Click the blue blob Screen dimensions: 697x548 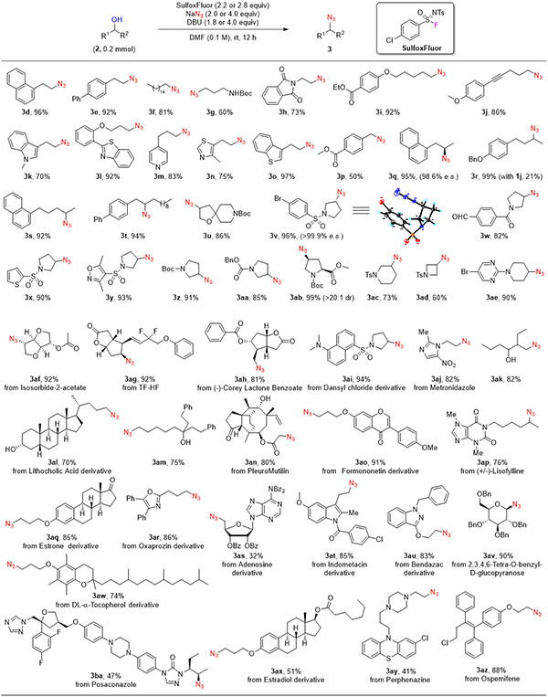108,12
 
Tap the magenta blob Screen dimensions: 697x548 437,27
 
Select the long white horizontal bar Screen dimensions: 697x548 441,315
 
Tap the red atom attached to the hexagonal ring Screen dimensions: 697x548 382,200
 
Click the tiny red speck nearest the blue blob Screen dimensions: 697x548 199,14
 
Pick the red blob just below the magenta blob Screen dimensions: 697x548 445,76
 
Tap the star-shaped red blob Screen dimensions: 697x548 185,91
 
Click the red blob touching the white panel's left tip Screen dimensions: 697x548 338,192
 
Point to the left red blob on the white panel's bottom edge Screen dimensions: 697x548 401,260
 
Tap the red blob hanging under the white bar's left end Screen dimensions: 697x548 402,347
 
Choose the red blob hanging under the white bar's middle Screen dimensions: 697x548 468,343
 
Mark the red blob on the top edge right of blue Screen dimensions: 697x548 328,12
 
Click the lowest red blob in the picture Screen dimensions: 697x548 200,685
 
